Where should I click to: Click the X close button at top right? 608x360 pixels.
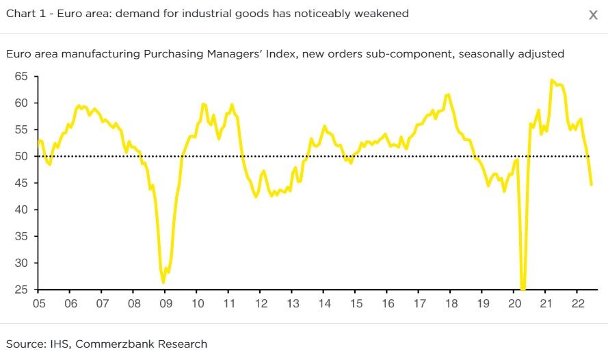(x=593, y=15)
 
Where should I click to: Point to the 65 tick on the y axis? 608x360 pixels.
(x=22, y=77)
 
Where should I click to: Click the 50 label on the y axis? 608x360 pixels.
(x=22, y=157)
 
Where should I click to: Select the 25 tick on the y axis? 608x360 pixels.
(x=22, y=290)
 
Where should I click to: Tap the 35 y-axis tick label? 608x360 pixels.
(x=22, y=237)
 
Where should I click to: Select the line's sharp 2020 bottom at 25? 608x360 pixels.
(x=523, y=289)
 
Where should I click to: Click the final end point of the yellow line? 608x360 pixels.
(x=591, y=184)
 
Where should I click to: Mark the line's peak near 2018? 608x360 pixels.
(x=448, y=94)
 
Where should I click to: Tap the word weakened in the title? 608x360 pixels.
(x=382, y=14)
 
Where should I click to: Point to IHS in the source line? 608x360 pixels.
(x=53, y=344)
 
